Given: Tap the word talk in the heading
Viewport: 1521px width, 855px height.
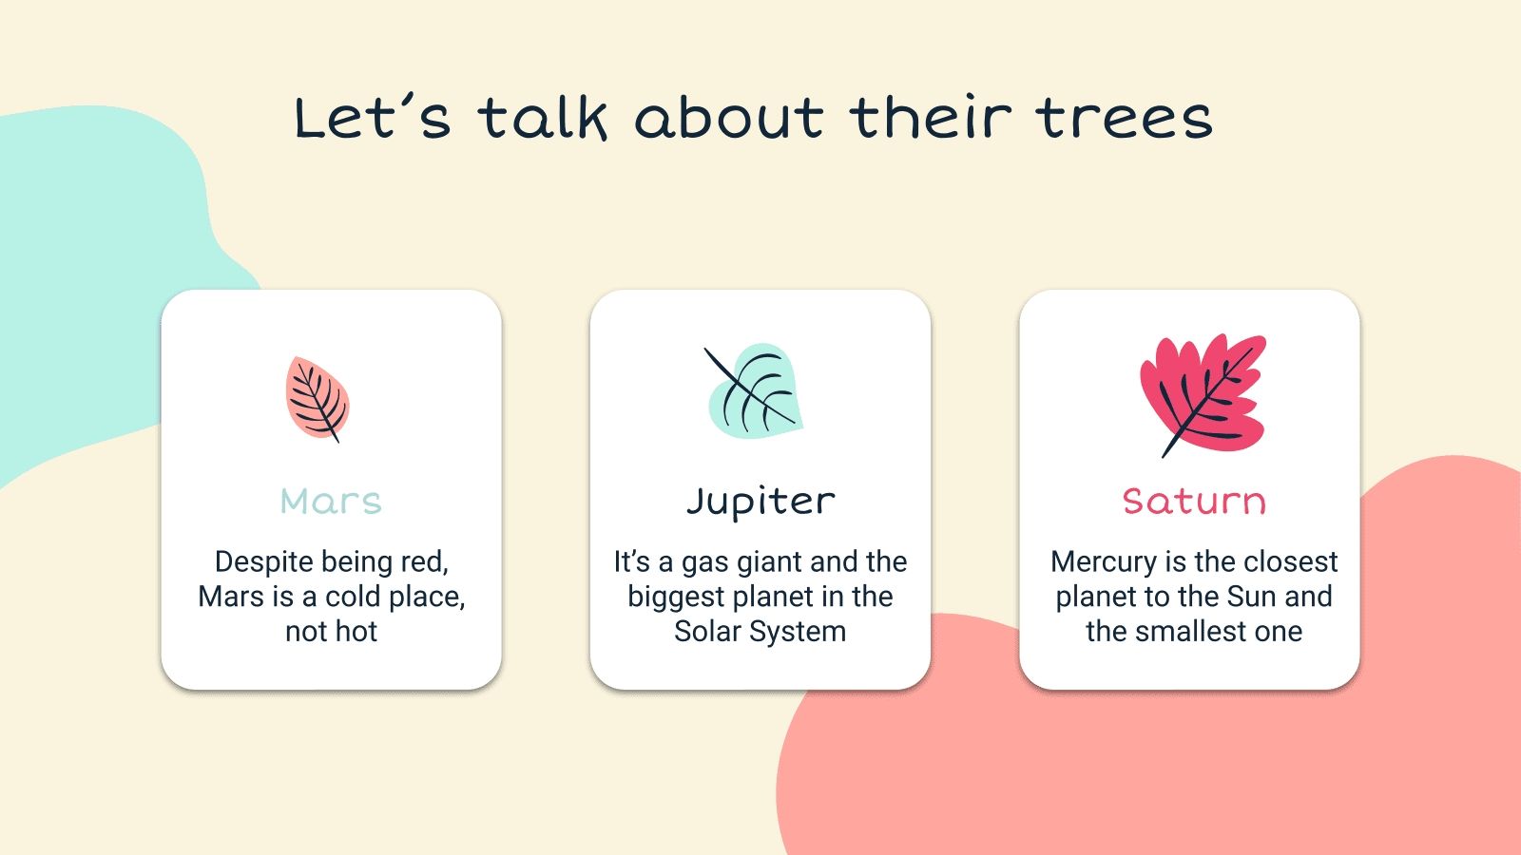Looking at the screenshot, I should [x=542, y=119].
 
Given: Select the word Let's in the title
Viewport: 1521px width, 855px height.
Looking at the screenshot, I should [x=372, y=119].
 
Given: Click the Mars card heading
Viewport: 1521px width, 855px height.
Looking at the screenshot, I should [x=331, y=501].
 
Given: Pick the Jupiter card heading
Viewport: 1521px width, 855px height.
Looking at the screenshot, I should [x=760, y=502].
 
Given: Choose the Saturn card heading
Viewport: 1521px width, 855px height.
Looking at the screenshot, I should [x=1194, y=501].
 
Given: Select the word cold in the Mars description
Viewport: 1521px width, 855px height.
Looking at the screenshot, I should [x=355, y=597].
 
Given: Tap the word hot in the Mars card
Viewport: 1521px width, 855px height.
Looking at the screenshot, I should [x=356, y=632].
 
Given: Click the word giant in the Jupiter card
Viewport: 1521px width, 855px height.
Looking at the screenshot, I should [x=769, y=561].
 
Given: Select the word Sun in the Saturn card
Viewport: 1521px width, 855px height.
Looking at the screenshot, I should [x=1251, y=597].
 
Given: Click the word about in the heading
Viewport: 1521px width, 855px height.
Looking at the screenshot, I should [x=729, y=119].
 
